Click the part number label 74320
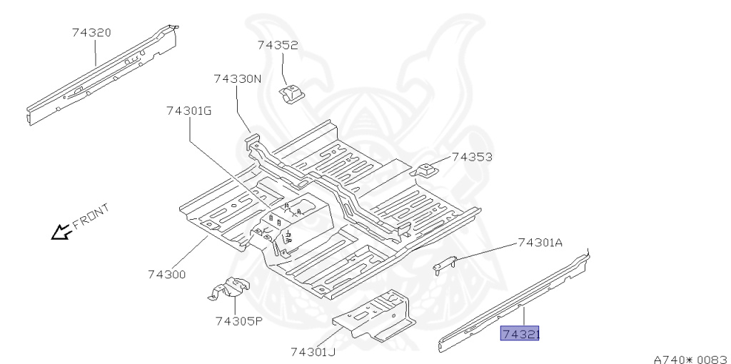[91, 33]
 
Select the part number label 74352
[278, 45]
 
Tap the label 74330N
[238, 79]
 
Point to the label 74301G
[189, 111]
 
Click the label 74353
[472, 156]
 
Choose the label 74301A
[540, 243]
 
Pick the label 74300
[167, 274]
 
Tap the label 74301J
[313, 352]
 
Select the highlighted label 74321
[520, 333]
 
